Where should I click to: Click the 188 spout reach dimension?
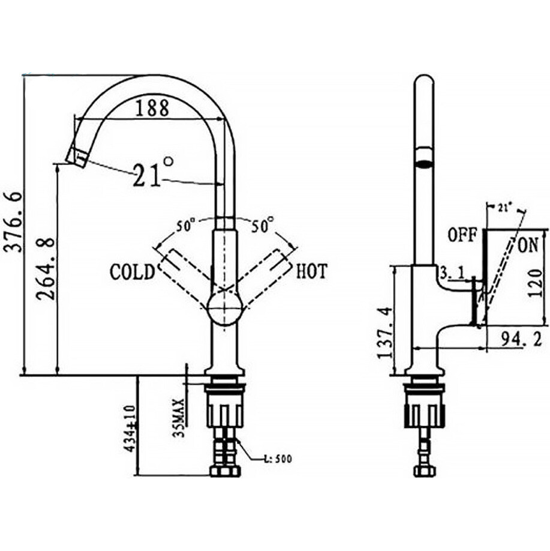pyautogui.click(x=151, y=108)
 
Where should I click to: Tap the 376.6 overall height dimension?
pyautogui.click(x=13, y=221)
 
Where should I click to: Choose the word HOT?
pyautogui.click(x=312, y=271)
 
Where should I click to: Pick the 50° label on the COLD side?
pyautogui.click(x=186, y=226)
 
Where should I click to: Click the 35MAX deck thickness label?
pyautogui.click(x=178, y=413)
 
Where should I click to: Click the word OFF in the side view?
pyautogui.click(x=462, y=235)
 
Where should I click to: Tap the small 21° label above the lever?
pyautogui.click(x=504, y=207)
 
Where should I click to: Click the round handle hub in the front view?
pyautogui.click(x=224, y=310)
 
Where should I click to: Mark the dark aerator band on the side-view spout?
pyautogui.click(x=424, y=161)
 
